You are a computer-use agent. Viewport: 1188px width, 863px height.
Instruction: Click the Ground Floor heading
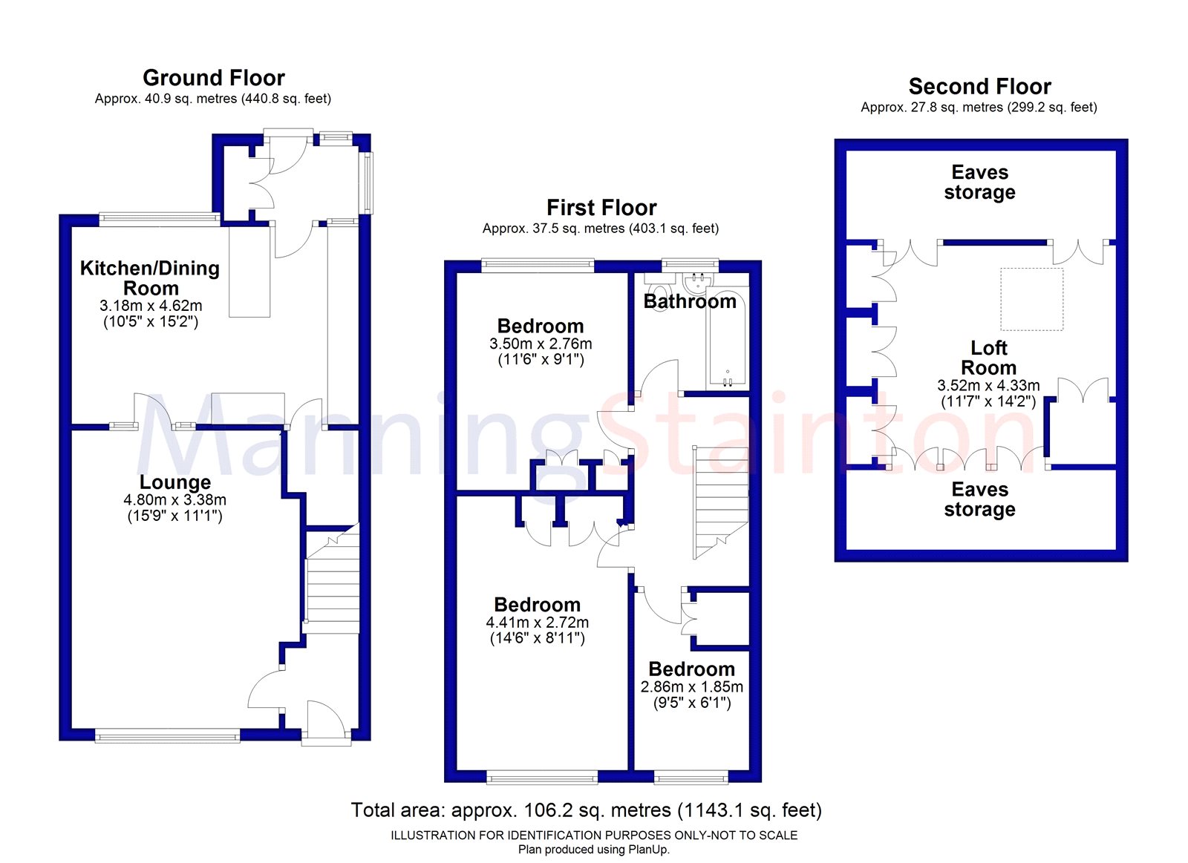[214, 78]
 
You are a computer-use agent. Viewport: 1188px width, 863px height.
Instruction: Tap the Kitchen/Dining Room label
[150, 278]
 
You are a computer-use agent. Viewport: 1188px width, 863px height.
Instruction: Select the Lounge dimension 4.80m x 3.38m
[174, 500]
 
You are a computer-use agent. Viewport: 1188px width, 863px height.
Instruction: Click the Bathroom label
[690, 301]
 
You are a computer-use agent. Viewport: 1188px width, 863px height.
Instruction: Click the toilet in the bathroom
[658, 284]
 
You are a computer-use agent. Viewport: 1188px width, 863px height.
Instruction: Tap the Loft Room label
[988, 358]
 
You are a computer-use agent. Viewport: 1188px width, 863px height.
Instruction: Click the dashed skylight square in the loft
[1031, 299]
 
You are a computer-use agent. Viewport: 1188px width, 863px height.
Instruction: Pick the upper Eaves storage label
[979, 183]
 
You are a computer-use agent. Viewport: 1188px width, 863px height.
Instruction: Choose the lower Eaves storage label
[979, 499]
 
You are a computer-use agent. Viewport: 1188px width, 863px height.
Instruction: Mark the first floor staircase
[721, 501]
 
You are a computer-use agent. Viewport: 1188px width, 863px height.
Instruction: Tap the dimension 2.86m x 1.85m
[691, 687]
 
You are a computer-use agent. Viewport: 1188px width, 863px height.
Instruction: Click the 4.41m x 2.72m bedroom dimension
[537, 623]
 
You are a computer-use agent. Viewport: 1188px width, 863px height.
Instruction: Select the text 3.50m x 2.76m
[541, 344]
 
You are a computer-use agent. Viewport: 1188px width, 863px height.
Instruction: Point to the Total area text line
[586, 810]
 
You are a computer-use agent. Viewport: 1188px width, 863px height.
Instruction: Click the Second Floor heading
[979, 87]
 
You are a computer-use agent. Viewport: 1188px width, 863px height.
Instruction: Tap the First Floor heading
[601, 208]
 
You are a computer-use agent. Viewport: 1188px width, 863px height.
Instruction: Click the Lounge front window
[167, 735]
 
